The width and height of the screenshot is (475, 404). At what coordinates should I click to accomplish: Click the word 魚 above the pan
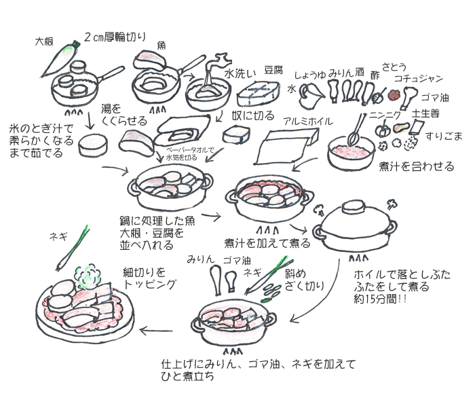[x=162, y=45]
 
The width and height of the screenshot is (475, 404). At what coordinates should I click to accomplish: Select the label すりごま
[x=444, y=136]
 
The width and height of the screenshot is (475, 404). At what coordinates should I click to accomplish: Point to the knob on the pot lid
[x=352, y=205]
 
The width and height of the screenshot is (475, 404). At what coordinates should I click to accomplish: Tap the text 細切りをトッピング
[x=149, y=278]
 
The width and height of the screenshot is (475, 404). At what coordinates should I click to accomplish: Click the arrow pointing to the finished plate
[x=156, y=331]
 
